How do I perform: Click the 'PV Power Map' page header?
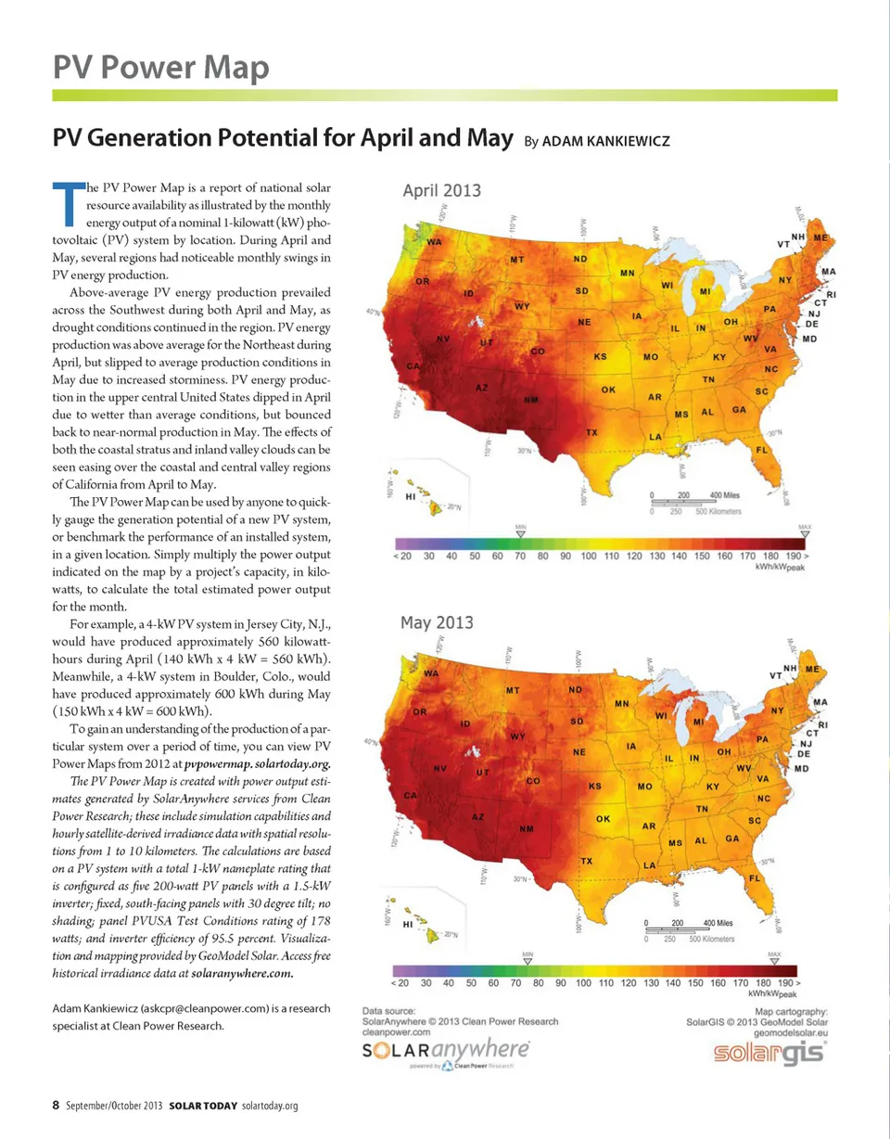(160, 67)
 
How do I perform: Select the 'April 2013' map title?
(441, 190)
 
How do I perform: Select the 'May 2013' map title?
(437, 621)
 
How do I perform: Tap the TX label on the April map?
(591, 432)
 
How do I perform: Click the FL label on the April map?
(762, 450)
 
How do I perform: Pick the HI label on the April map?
(412, 498)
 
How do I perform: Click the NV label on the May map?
(440, 769)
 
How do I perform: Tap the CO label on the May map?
(532, 782)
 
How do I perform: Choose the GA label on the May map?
(732, 838)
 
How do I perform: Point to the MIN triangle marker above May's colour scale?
(527, 962)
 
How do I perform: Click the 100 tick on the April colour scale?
(588, 556)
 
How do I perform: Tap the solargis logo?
(771, 1054)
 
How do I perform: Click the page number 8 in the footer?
(56, 1105)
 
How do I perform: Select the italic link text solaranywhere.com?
(242, 974)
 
